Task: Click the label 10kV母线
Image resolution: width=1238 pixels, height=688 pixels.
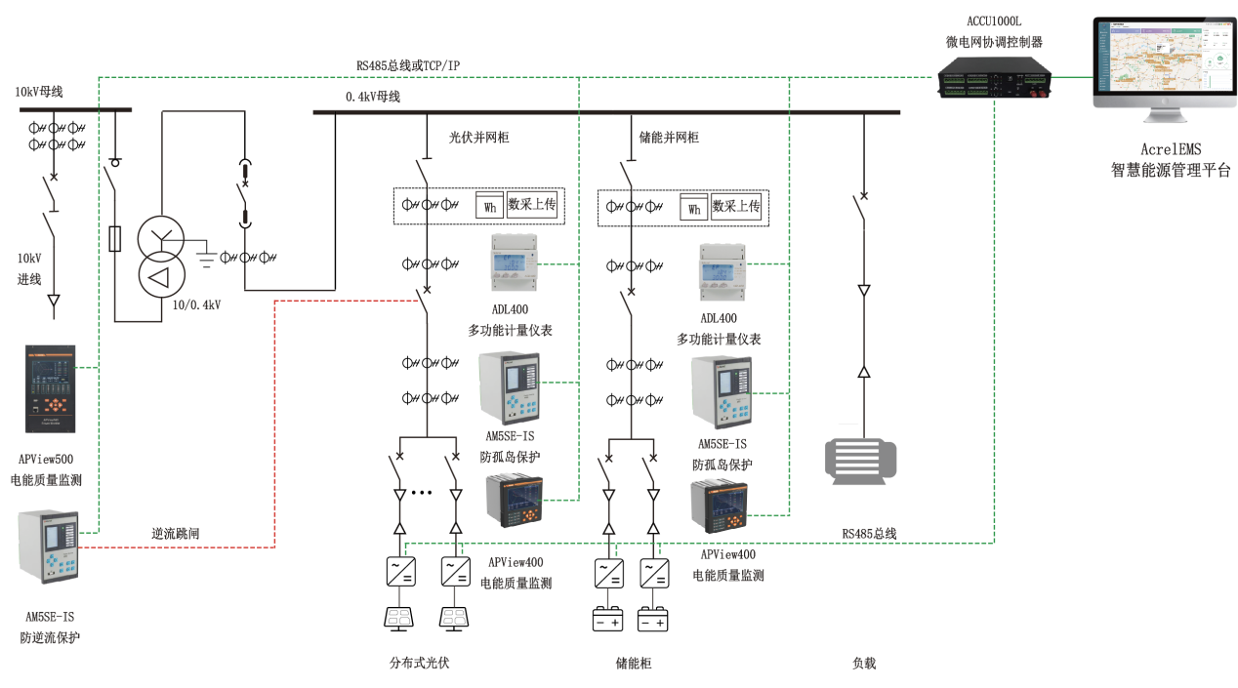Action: pos(39,92)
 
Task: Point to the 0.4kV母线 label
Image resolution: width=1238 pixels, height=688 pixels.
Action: pos(372,97)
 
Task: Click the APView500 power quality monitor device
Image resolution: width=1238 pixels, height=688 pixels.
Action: pos(50,388)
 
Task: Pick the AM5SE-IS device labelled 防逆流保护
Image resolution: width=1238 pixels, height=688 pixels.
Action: pos(48,546)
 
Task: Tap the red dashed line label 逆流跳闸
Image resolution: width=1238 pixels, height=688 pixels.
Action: pos(177,534)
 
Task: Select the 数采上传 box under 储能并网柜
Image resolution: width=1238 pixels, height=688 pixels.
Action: pos(736,206)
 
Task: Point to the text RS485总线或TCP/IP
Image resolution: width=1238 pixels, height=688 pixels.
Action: pos(408,65)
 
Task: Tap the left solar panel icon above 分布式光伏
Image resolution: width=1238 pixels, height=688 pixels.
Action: pos(400,617)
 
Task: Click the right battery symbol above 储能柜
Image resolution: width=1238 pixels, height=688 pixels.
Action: pos(653,621)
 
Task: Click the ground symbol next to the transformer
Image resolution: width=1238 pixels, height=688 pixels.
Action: pos(206,258)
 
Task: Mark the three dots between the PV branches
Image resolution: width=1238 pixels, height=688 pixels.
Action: pos(421,493)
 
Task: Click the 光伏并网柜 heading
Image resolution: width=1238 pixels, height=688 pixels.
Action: pos(478,138)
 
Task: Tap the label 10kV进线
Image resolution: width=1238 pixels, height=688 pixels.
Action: pos(29,269)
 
